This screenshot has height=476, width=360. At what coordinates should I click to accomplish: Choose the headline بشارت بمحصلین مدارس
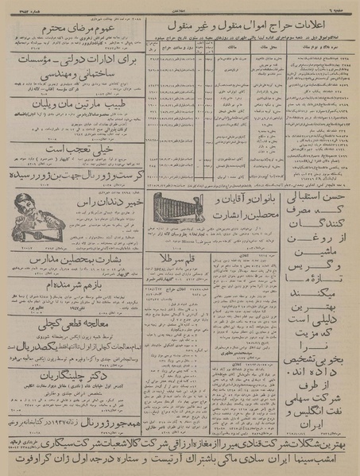click(x=75, y=259)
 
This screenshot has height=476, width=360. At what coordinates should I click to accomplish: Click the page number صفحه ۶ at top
click(x=342, y=6)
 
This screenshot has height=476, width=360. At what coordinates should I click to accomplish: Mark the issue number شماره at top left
click(x=22, y=6)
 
